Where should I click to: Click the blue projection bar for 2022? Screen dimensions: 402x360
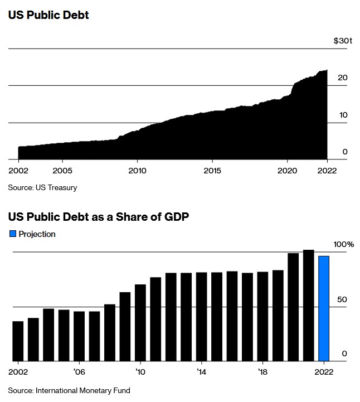[324, 308]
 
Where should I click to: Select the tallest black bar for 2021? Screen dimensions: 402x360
[308, 305]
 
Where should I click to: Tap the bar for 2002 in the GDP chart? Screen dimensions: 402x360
[18, 341]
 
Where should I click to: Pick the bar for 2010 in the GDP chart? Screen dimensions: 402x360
[140, 322]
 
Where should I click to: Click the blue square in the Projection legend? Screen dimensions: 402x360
[13, 234]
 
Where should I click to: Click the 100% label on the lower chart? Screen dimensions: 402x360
[343, 244]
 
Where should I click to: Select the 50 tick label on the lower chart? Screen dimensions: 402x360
[342, 299]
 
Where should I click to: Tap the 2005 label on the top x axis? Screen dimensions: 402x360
[62, 170]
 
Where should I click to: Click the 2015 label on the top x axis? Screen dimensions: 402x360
[212, 170]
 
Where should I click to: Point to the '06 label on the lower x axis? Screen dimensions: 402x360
[79, 371]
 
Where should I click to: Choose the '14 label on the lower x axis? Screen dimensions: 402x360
[201, 371]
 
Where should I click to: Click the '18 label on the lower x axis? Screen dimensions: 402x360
[262, 371]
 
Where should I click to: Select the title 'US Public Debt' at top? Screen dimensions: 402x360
[48, 15]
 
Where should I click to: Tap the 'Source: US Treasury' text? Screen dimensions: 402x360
[42, 187]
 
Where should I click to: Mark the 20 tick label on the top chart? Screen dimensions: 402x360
[342, 78]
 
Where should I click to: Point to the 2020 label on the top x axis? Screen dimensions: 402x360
[287, 170]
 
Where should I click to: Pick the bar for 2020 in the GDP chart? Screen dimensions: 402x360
[293, 307]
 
